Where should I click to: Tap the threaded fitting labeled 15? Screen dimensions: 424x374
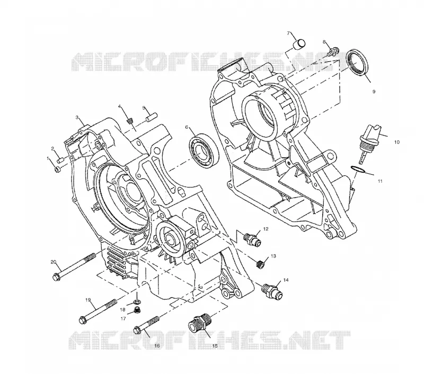(200, 322)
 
